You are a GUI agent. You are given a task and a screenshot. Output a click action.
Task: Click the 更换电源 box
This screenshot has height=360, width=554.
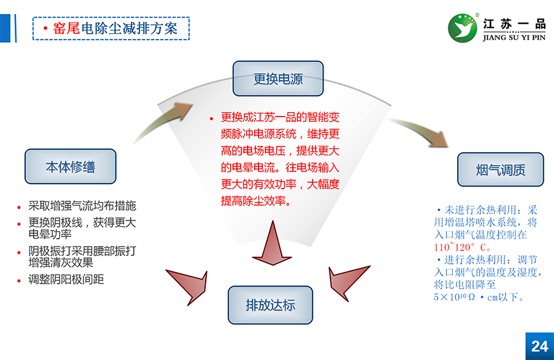[x=278, y=79]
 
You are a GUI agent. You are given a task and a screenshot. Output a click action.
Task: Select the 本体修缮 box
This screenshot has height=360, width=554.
[x=70, y=167]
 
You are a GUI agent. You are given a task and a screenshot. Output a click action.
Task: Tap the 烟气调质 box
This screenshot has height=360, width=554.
[x=501, y=170]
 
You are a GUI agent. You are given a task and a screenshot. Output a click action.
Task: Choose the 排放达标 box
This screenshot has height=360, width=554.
[x=271, y=305]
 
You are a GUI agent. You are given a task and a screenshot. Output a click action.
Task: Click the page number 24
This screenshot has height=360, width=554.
[x=539, y=346]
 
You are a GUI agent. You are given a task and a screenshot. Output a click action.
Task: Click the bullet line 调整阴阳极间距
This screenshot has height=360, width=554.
[x=66, y=280]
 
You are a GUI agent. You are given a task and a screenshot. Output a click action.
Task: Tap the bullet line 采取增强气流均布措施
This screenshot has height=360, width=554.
[x=82, y=206]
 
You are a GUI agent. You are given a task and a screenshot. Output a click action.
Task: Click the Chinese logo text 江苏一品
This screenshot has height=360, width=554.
[x=515, y=24]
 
